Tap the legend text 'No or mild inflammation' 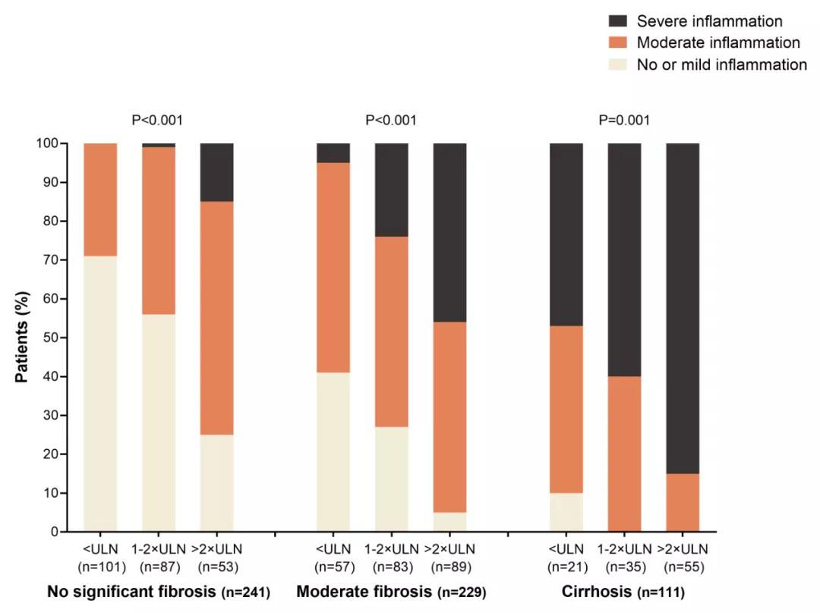(x=721, y=65)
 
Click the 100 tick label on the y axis (x=46, y=143)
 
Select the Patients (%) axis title (x=22, y=338)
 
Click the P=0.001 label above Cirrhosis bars (x=624, y=120)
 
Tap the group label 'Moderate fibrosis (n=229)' (x=391, y=592)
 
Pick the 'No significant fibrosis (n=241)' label (x=159, y=592)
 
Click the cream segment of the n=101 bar (x=100, y=394)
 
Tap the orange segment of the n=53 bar (x=216, y=318)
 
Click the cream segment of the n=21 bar (x=566, y=512)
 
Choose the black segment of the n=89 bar (x=449, y=232)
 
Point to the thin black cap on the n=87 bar (x=159, y=145)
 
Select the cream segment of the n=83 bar (x=391, y=479)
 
